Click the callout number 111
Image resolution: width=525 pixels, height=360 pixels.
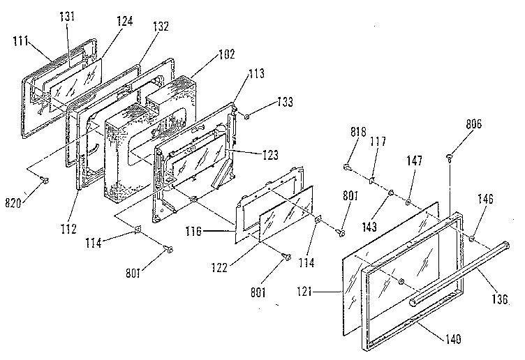click(x=20, y=41)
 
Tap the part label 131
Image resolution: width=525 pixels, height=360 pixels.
click(x=67, y=16)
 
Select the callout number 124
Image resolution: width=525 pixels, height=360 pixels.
click(x=124, y=21)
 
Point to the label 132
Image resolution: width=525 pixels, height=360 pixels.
click(x=161, y=27)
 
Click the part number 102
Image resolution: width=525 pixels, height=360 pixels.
click(x=227, y=54)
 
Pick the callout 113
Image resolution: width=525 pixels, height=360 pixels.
click(x=256, y=73)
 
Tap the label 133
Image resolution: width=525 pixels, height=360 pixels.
click(x=285, y=102)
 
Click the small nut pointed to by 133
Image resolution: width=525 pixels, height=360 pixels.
click(x=246, y=117)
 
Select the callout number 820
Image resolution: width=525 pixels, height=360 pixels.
click(x=13, y=203)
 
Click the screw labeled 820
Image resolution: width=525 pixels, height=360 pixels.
click(x=44, y=180)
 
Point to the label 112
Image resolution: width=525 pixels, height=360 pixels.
click(x=68, y=229)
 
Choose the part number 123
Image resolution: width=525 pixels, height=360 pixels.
click(x=270, y=155)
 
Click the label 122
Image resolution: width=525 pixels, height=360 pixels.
click(x=219, y=267)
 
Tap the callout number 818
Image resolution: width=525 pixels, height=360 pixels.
click(x=358, y=131)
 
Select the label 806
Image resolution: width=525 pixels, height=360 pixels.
click(x=474, y=124)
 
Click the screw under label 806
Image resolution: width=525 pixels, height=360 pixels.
click(x=450, y=157)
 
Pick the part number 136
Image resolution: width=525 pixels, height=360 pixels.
click(x=500, y=299)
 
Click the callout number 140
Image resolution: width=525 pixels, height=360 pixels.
click(x=453, y=339)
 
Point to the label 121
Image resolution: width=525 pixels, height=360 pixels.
click(x=304, y=292)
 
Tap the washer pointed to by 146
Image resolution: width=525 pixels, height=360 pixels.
click(x=472, y=238)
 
